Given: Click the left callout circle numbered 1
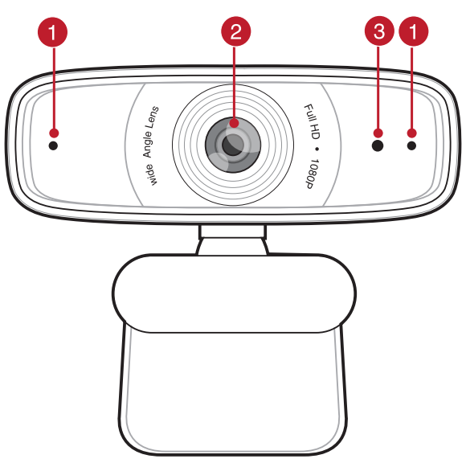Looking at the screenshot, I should click(53, 33).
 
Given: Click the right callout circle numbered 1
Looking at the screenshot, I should click(413, 33).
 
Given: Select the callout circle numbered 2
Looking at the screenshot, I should click(234, 33).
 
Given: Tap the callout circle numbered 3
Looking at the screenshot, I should click(378, 33).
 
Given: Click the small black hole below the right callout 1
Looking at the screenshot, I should click(412, 146).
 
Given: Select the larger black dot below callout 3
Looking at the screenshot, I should click(378, 146).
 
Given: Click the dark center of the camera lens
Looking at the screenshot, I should click(233, 145).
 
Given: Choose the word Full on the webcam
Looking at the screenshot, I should click(308, 112).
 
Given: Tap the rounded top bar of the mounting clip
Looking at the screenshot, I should click(233, 291).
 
